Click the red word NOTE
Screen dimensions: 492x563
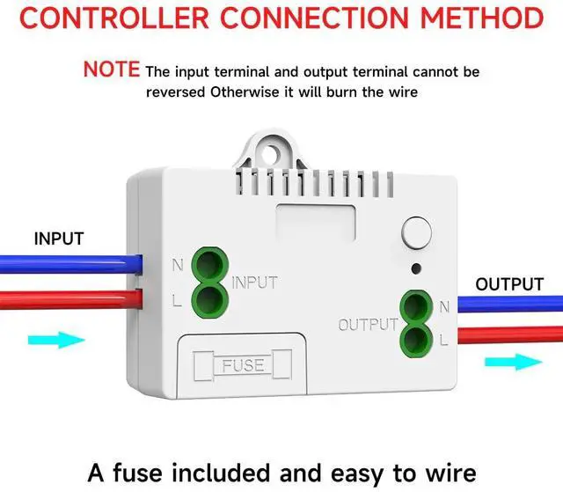pos(112,69)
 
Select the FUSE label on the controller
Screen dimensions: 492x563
pos(243,363)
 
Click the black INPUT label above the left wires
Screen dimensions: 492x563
pos(59,239)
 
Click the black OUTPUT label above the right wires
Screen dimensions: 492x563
pos(509,284)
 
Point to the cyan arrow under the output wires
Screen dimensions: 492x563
pos(511,361)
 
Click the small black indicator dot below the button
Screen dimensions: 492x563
pos(415,268)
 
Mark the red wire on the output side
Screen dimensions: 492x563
pos(510,334)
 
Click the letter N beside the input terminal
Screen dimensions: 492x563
pos(178,265)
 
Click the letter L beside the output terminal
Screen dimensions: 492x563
pos(443,338)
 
